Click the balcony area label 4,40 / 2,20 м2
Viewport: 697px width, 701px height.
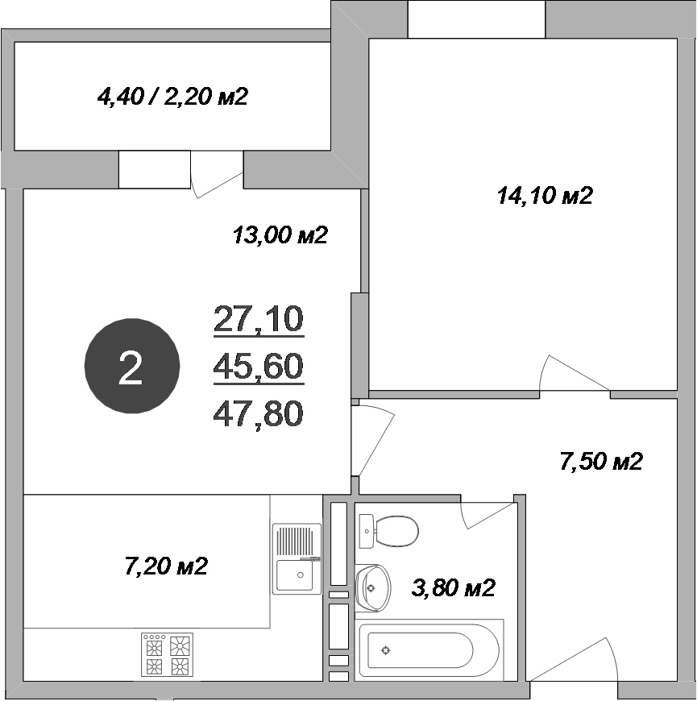pos(172,97)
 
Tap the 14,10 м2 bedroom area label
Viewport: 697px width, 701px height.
pos(545,196)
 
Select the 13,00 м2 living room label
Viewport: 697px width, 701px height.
pos(280,236)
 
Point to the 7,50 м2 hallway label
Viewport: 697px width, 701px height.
pos(600,462)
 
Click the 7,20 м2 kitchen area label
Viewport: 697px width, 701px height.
pos(166,566)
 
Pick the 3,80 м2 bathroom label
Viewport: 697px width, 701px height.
pos(453,588)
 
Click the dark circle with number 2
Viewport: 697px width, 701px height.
pos(131,368)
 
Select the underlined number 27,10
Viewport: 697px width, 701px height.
pos(258,319)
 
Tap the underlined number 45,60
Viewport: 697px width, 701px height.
pos(258,367)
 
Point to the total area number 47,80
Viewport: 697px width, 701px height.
pos(258,414)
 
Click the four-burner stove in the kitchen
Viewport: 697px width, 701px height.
pos(168,654)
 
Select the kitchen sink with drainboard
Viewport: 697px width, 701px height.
pos(297,558)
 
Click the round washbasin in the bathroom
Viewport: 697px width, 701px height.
pos(372,586)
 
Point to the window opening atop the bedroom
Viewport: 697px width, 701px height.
pos(476,19)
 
